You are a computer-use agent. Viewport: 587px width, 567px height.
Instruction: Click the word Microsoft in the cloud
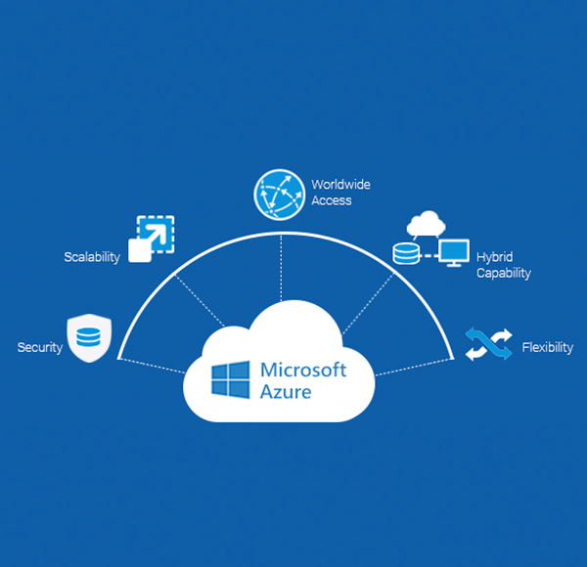click(x=303, y=371)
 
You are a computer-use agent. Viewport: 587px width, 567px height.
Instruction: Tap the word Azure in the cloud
click(x=287, y=392)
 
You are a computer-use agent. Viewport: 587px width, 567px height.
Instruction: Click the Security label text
click(x=40, y=347)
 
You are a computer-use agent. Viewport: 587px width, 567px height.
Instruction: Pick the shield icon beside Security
click(x=87, y=338)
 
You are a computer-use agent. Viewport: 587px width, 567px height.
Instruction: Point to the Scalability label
click(x=91, y=257)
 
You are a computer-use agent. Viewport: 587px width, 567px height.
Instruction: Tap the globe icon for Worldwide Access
click(x=280, y=193)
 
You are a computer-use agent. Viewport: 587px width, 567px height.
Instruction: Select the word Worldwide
click(x=340, y=184)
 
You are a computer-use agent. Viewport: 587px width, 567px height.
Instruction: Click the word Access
click(x=332, y=200)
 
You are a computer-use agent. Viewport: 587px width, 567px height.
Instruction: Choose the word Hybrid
click(x=494, y=257)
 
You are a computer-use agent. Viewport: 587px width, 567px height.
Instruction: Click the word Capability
click(x=503, y=274)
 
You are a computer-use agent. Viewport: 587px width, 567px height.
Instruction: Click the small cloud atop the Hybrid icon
click(x=426, y=224)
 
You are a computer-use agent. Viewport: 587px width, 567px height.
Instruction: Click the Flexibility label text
click(x=548, y=347)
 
